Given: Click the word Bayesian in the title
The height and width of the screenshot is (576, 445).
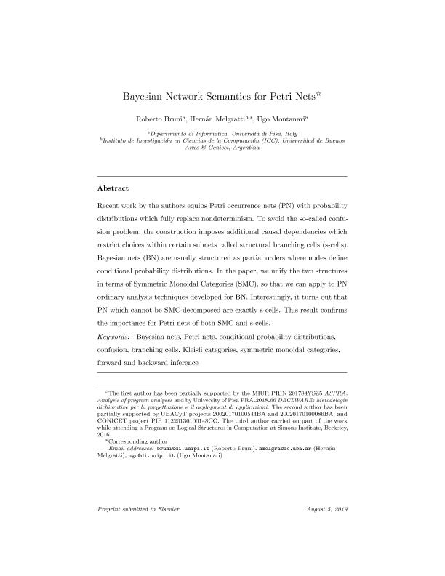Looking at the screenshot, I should (142, 95).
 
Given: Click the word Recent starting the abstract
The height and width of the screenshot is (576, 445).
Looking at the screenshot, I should (111, 207).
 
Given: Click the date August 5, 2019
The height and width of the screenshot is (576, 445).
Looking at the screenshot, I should (327, 509).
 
